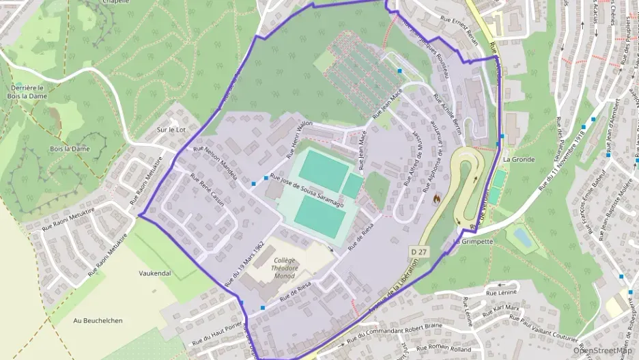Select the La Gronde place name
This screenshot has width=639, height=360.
(518, 159)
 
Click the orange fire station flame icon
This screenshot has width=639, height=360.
(436, 198)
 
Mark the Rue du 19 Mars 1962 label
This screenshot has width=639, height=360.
(244, 263)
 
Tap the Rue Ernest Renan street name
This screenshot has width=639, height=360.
(464, 27)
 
